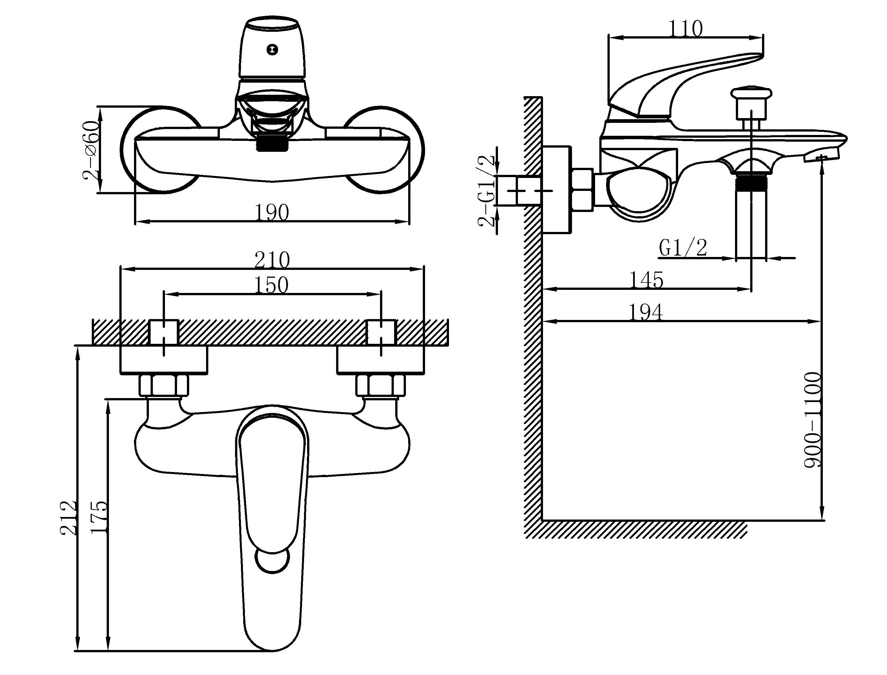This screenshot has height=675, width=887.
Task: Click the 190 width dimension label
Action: click(272, 213)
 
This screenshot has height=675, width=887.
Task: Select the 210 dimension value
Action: click(272, 260)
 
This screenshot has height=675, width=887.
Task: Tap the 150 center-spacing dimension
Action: click(272, 285)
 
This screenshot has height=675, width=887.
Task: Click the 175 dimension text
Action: click(99, 517)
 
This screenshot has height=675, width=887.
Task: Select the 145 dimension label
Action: click(646, 280)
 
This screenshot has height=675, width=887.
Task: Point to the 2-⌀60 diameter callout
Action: click(91, 150)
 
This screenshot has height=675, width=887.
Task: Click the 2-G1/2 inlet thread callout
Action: click(486, 192)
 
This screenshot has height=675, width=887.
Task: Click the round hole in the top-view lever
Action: click(272, 561)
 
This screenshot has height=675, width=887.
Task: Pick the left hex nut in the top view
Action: click(164, 385)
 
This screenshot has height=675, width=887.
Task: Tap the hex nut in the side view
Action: click(582, 190)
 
